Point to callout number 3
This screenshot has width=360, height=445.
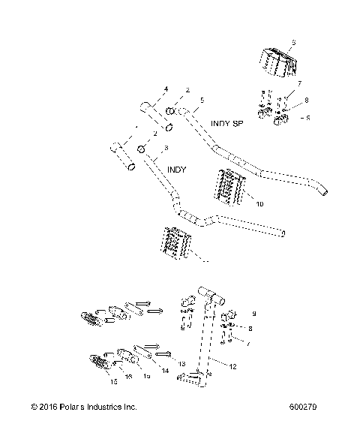[166, 149]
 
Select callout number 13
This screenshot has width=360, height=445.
[181, 363]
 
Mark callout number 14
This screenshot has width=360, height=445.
[165, 371]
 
